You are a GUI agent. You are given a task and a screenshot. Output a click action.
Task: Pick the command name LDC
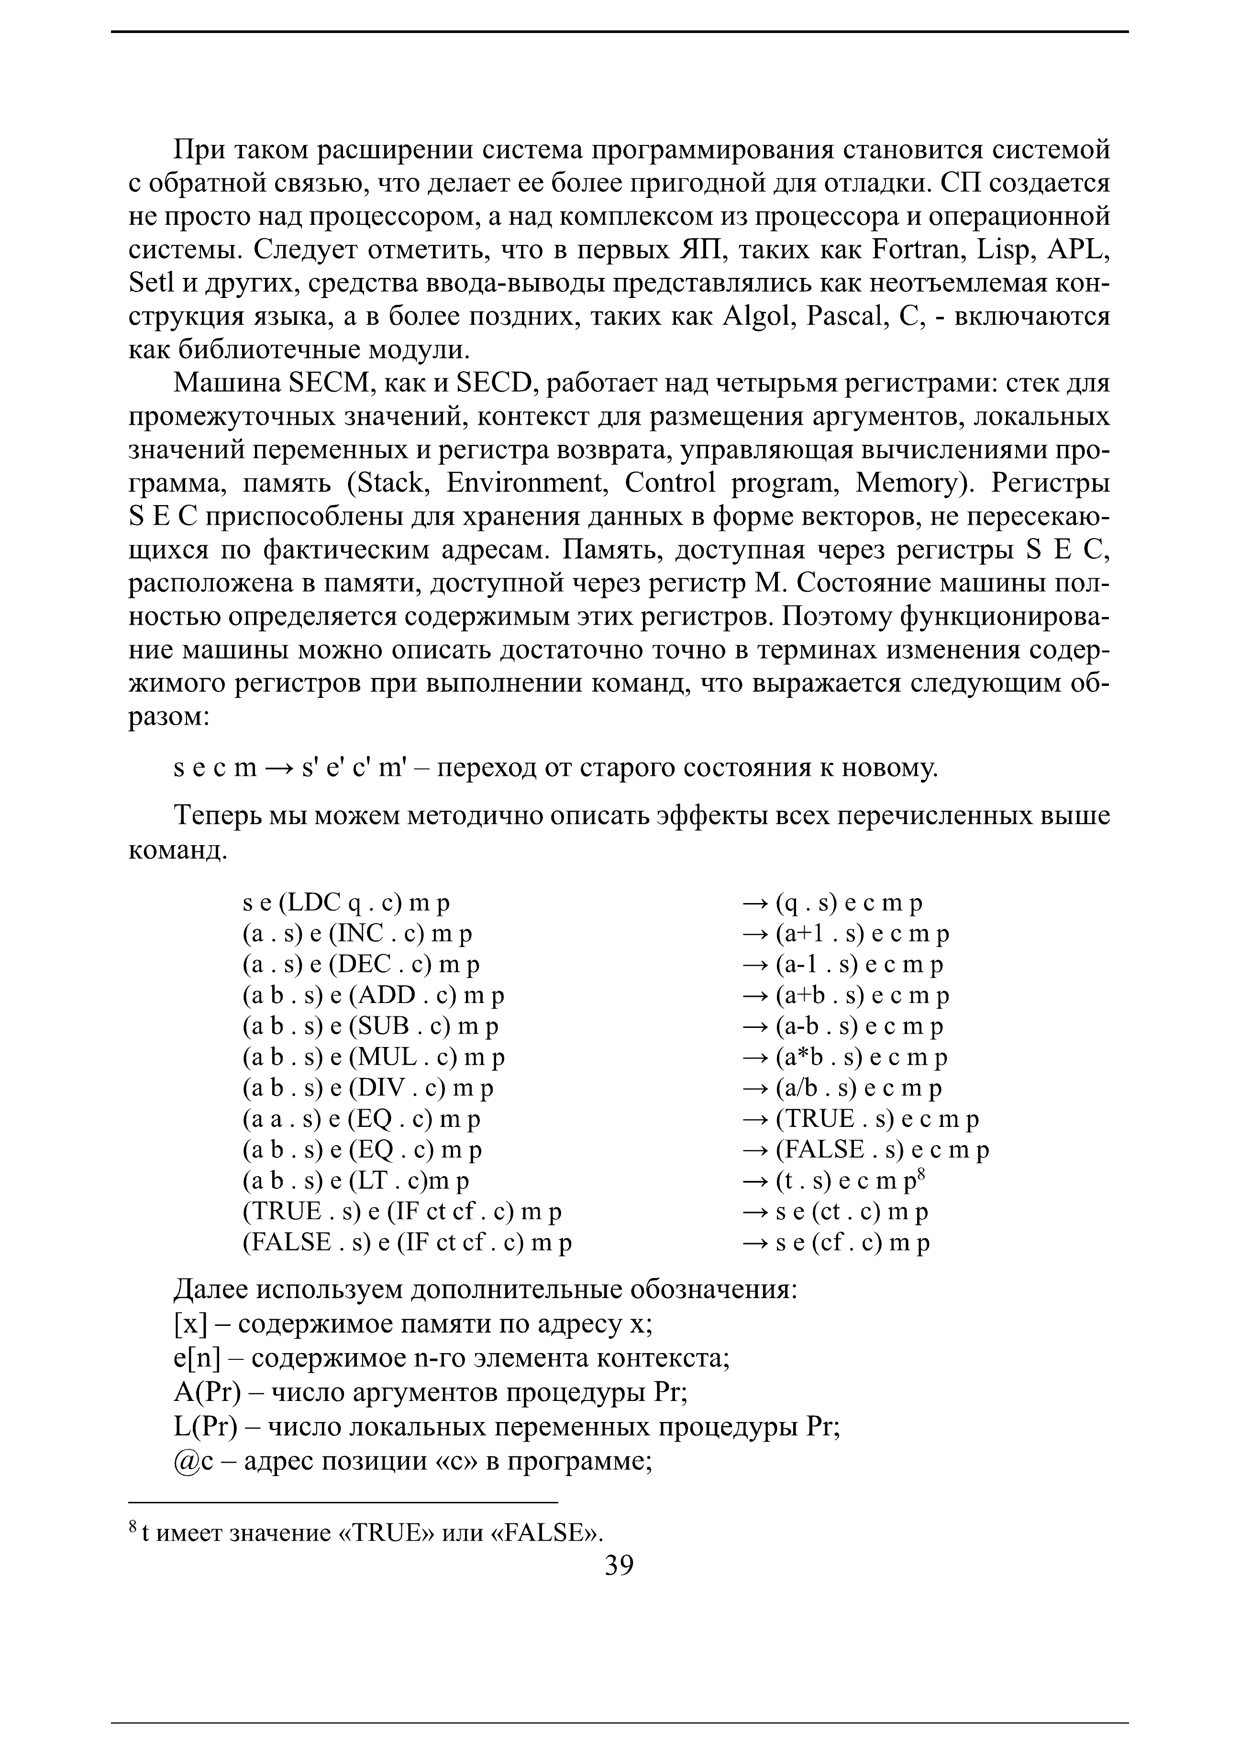click(x=314, y=903)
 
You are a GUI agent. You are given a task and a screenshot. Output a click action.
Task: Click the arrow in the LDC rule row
click(x=754, y=903)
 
